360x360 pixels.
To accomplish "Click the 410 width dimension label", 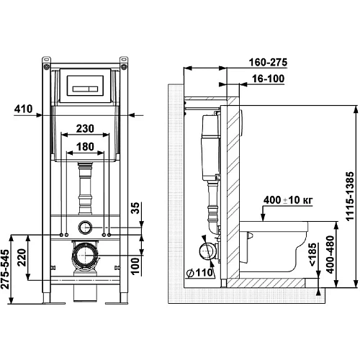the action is [x=23, y=109].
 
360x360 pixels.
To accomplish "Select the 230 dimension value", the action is [x=85, y=129].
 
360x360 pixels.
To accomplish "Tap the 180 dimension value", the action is [x=85, y=147].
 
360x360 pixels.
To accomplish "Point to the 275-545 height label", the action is [x=5, y=269].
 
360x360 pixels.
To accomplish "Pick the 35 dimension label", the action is [x=135, y=208].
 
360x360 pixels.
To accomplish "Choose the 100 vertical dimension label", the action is [x=135, y=266].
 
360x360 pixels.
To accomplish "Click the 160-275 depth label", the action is [x=268, y=63].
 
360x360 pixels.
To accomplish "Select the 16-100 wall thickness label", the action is [x=269, y=78].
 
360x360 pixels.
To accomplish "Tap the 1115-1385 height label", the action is [x=351, y=196].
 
